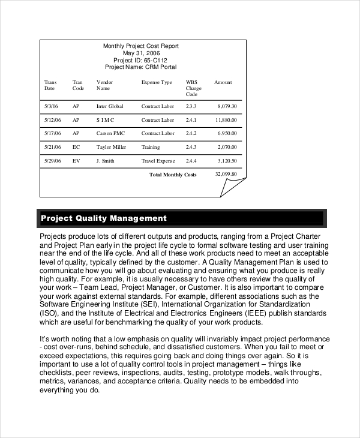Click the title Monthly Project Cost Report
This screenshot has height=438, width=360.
click(141, 46)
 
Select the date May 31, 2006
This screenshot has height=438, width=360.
click(141, 53)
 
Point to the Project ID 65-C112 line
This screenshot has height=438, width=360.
click(141, 61)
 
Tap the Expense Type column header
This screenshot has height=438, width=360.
click(157, 82)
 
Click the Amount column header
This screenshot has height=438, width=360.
click(223, 82)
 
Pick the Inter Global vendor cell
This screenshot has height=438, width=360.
click(110, 106)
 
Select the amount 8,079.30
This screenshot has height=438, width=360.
click(227, 106)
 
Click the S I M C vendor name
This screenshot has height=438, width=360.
click(105, 120)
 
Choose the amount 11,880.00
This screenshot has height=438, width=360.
click(226, 120)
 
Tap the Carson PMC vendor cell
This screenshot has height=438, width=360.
click(110, 133)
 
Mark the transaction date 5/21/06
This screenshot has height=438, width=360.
click(53, 146)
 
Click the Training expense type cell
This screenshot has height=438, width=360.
click(151, 146)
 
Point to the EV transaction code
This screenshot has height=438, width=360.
click(76, 161)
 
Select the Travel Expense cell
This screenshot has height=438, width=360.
click(158, 161)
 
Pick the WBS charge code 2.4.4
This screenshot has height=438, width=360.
click(191, 161)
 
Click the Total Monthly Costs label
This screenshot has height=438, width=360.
click(173, 175)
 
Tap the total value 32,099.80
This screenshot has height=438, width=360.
click(226, 174)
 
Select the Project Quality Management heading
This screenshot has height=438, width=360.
click(103, 218)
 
